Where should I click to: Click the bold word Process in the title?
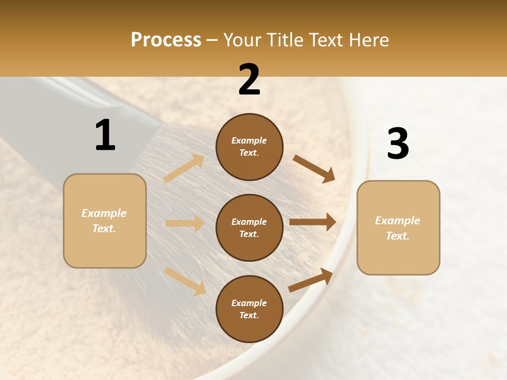pyautogui.click(x=166, y=40)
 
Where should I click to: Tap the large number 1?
pyautogui.click(x=105, y=135)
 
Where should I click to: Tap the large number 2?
pyautogui.click(x=249, y=80)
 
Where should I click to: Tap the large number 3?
pyautogui.click(x=398, y=144)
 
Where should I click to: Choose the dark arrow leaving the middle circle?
pyautogui.click(x=313, y=222)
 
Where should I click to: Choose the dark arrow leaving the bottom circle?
pyautogui.click(x=311, y=280)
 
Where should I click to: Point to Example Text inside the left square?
pyautogui.click(x=105, y=221)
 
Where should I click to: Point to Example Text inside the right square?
pyautogui.click(x=398, y=228)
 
